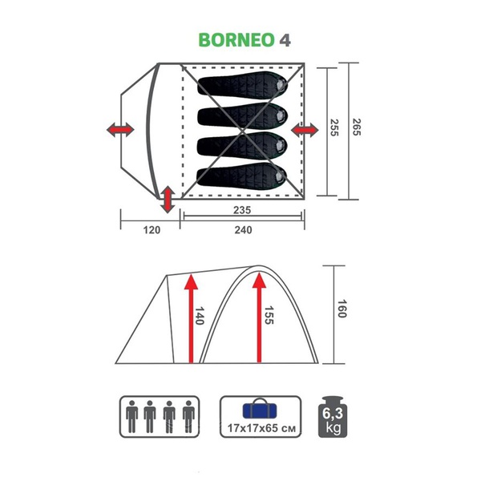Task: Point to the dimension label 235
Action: (x=244, y=210)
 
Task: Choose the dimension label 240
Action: (x=244, y=230)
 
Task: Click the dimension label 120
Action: (x=152, y=230)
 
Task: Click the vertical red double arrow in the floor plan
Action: (x=167, y=199)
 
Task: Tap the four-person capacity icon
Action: (x=159, y=416)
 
